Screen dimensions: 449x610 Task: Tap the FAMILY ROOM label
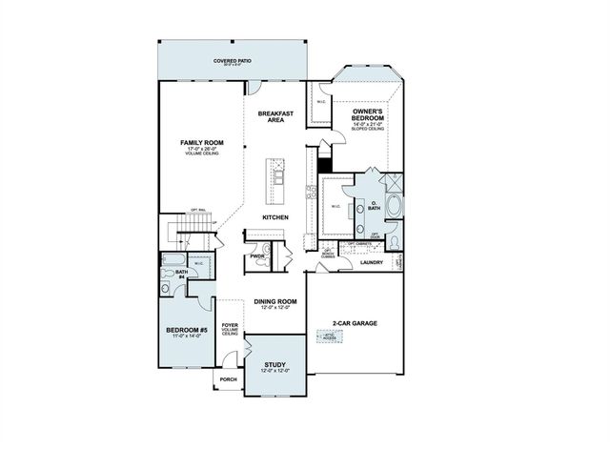pos(201,142)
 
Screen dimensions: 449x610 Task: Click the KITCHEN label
pos(276,218)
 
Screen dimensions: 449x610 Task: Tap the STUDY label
pos(275,366)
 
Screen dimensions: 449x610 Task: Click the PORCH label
pos(228,378)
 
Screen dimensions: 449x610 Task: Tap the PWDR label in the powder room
pos(257,256)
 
